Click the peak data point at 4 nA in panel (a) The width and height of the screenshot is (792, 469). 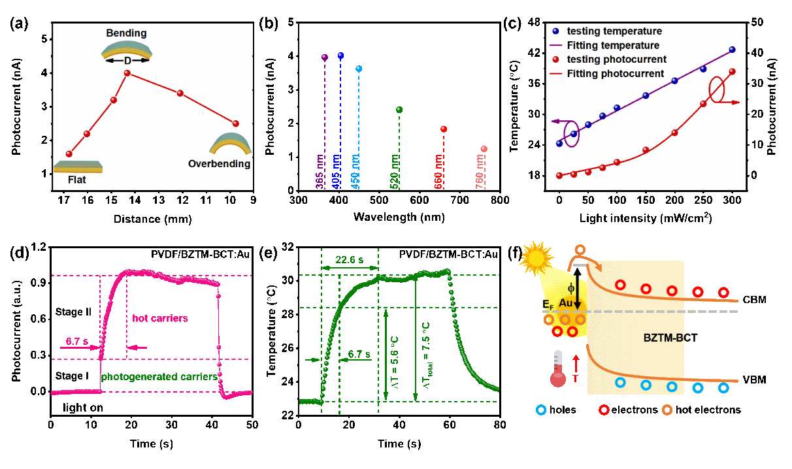(x=127, y=73)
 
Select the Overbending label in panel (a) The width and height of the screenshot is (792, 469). (x=219, y=164)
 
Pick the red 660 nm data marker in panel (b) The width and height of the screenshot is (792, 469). (x=443, y=129)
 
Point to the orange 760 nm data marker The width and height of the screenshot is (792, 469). (x=484, y=149)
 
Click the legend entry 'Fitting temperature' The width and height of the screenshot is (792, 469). (x=613, y=46)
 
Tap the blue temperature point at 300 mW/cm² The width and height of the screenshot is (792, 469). (x=732, y=50)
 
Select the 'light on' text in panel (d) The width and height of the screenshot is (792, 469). (x=83, y=408)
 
